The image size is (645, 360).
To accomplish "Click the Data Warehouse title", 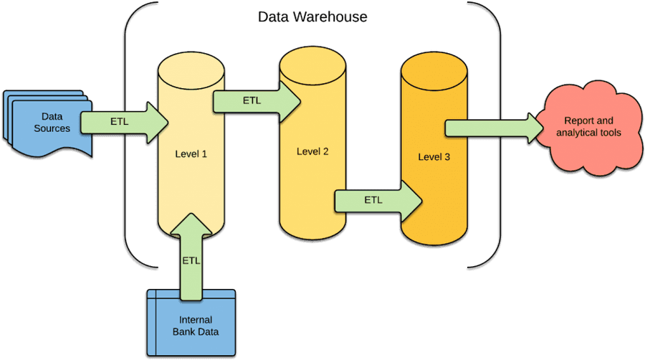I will (x=312, y=16).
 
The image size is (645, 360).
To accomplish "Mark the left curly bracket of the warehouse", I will (x=128, y=136).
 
